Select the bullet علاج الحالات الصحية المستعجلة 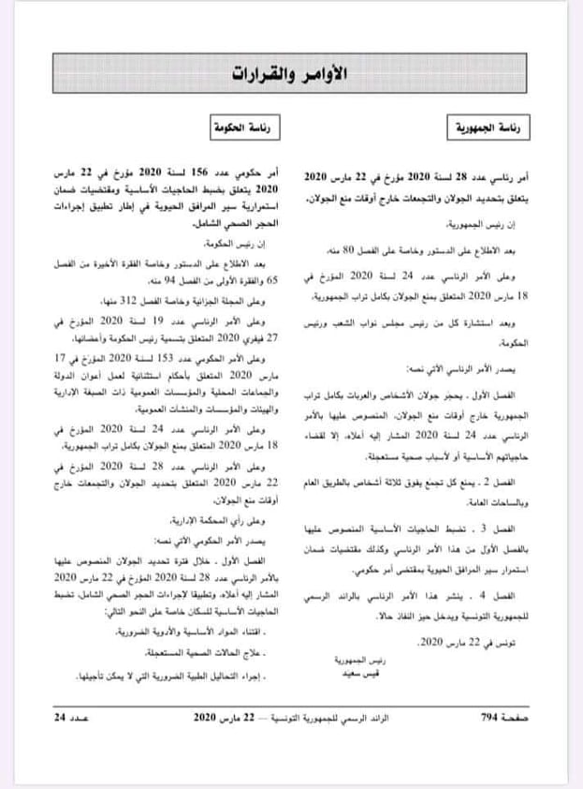pos(213,653)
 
